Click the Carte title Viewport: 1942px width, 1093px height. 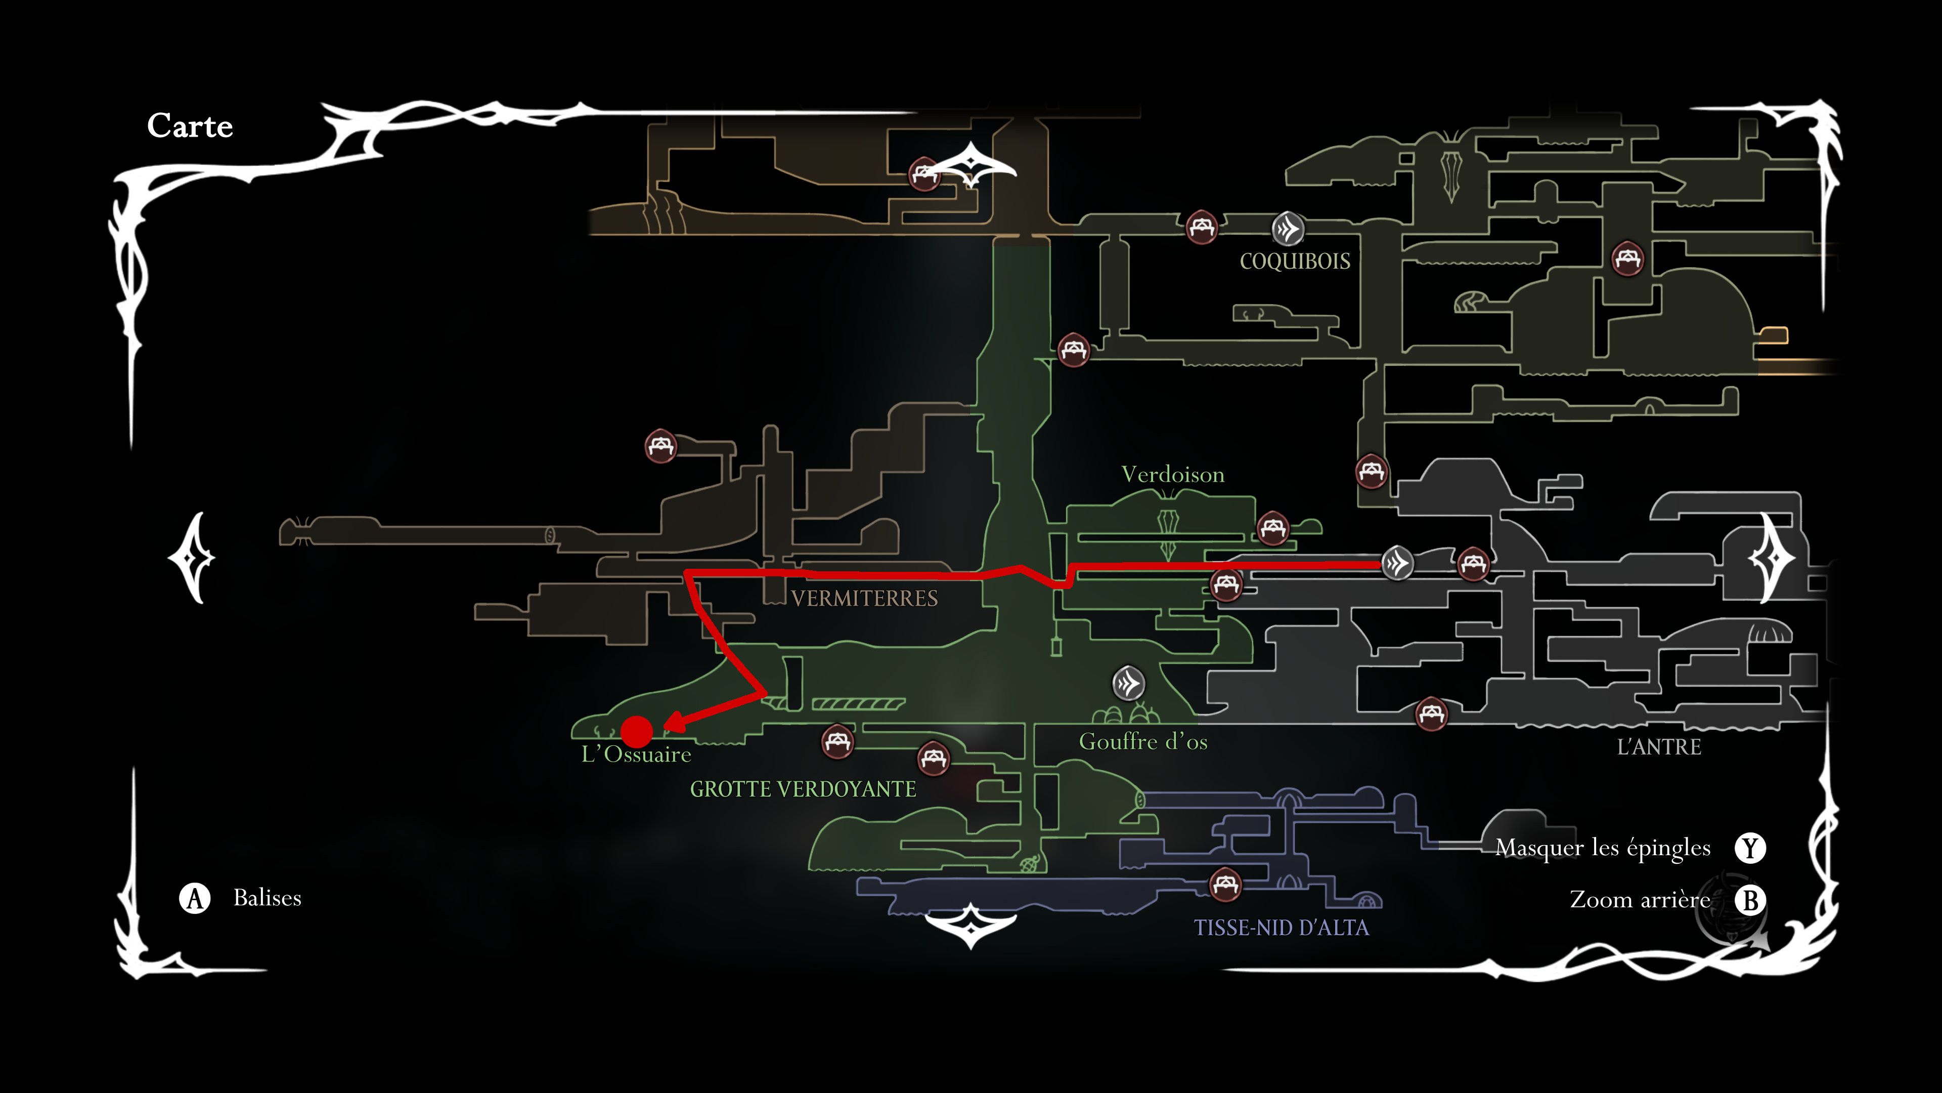click(x=190, y=126)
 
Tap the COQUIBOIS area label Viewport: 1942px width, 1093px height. click(x=1295, y=262)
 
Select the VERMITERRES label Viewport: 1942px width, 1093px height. click(x=864, y=599)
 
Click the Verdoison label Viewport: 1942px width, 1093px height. click(x=1172, y=475)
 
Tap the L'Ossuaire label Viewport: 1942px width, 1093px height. click(x=636, y=754)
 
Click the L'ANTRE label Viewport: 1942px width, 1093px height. click(x=1659, y=747)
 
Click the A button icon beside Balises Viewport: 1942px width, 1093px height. click(x=195, y=898)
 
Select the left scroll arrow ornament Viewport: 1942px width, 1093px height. click(x=192, y=558)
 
